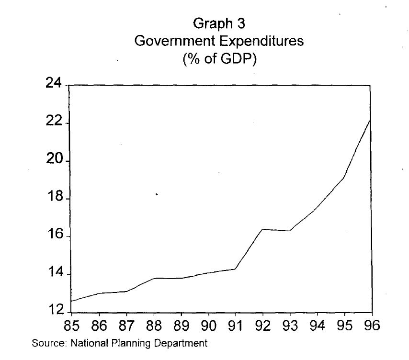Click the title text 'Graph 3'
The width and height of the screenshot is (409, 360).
tap(219, 23)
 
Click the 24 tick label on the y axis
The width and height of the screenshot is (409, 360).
tap(55, 85)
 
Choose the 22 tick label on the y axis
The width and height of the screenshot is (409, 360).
tap(55, 123)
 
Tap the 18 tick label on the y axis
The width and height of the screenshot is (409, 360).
tap(55, 198)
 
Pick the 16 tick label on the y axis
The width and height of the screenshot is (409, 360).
tap(55, 236)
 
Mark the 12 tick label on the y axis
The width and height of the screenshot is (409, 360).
tap(55, 311)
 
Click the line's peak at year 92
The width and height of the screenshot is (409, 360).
tap(262, 229)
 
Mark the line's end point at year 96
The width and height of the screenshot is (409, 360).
tap(370, 120)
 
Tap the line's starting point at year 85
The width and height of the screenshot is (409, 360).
tap(71, 301)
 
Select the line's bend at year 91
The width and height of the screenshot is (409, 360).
tap(235, 269)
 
